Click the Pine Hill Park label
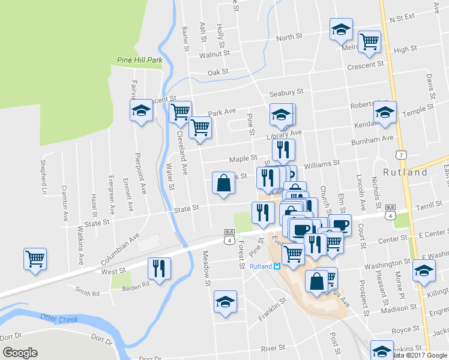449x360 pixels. [x=140, y=61]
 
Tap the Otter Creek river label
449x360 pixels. [x=59, y=319]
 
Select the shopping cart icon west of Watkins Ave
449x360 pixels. [x=35, y=259]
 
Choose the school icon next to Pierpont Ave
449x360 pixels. [x=142, y=111]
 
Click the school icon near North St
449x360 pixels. [x=341, y=29]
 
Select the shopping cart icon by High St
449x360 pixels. [x=369, y=41]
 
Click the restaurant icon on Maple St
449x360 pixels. [x=283, y=149]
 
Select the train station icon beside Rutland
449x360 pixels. [x=277, y=266]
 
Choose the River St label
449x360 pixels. [x=273, y=348]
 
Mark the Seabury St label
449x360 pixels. [x=287, y=92]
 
